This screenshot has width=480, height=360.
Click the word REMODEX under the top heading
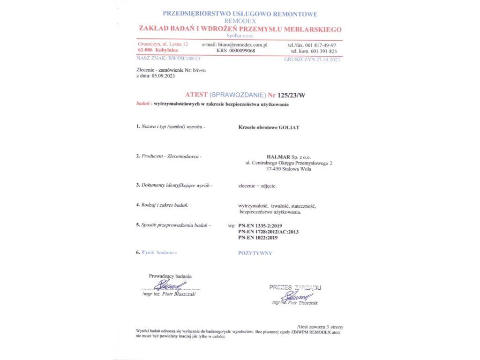click(x=240, y=22)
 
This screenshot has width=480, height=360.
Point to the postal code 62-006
click(x=144, y=50)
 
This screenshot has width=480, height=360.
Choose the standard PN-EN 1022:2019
click(x=258, y=238)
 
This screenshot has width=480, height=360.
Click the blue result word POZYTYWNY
click(x=255, y=253)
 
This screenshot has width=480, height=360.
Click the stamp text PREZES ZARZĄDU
click(x=295, y=287)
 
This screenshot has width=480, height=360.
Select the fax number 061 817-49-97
click(x=323, y=45)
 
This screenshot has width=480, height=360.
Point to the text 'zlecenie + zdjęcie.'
click(x=257, y=186)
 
